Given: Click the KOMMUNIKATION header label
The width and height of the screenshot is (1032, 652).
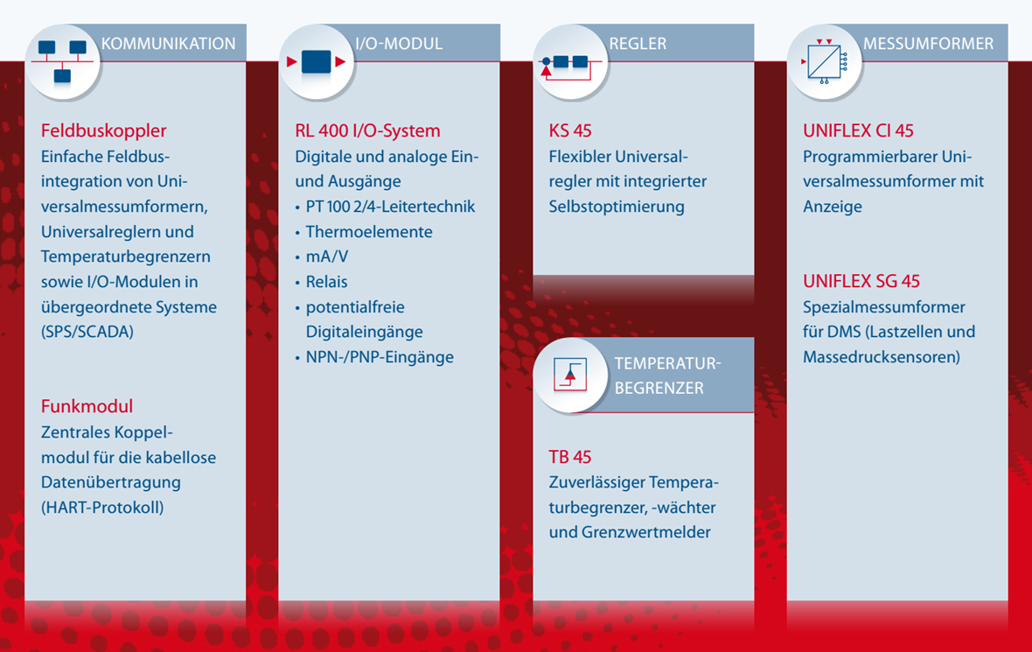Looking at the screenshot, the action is [169, 44].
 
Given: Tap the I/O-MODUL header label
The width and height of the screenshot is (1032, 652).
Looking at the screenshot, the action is [399, 44].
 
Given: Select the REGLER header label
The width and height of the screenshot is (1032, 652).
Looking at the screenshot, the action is [638, 44].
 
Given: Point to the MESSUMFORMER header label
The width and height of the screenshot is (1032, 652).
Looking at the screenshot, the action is [928, 44].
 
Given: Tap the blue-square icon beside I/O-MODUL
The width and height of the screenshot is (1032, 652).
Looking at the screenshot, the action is [317, 62].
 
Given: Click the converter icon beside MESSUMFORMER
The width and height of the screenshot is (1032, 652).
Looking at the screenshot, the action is [824, 62].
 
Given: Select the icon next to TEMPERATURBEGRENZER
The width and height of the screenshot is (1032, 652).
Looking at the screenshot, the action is [570, 375].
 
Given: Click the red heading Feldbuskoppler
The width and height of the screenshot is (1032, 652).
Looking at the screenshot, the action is [103, 130].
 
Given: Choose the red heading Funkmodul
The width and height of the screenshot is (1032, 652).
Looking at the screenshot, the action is [87, 406].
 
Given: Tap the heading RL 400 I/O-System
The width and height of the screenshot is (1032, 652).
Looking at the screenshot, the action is [367, 130].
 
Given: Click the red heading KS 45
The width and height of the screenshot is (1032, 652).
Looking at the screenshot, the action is [570, 130].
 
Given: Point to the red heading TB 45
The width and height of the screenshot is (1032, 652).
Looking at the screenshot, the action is [570, 457].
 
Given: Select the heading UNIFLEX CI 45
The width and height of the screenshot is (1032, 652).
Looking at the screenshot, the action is [858, 130].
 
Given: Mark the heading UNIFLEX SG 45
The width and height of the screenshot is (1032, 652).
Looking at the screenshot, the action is [861, 281].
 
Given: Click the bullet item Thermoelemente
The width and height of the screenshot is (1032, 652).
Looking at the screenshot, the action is [368, 232].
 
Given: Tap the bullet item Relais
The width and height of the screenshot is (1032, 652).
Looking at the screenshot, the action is [326, 282].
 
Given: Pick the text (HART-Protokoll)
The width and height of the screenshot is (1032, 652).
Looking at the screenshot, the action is [102, 508].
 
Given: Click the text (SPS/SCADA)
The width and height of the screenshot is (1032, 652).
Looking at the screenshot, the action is [87, 332].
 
